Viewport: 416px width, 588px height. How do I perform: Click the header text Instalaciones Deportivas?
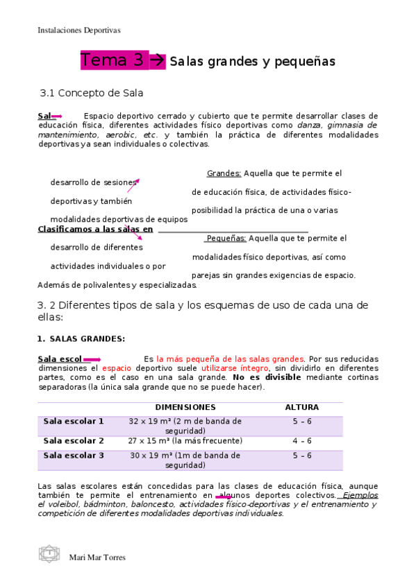[78, 31]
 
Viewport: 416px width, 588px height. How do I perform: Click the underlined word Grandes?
[224, 173]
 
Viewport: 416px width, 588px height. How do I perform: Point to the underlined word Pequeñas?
[226, 239]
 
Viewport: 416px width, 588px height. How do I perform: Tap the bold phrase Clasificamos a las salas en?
[95, 229]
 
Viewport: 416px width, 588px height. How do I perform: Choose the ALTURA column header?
[302, 407]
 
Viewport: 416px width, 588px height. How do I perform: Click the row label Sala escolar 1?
[74, 421]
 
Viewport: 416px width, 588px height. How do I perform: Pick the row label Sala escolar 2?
[74, 441]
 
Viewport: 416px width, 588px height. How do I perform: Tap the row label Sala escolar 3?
[74, 456]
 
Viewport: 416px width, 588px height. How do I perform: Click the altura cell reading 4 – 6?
[302, 441]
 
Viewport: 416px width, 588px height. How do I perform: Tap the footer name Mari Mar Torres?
[98, 557]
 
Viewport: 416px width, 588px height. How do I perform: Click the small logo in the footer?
[49, 554]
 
